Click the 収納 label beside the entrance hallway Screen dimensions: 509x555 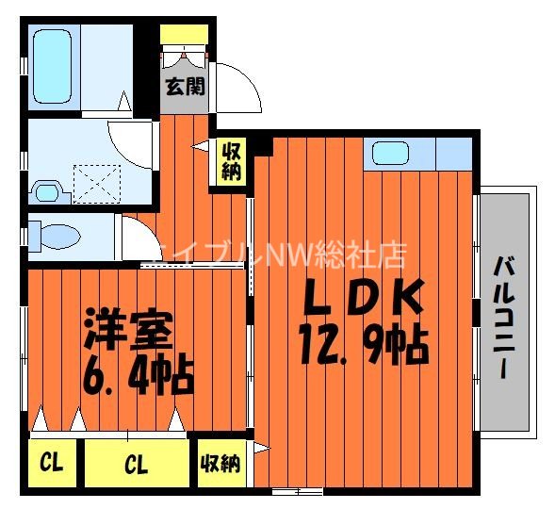(232, 162)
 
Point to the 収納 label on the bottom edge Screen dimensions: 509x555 (221, 464)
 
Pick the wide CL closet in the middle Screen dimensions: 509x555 (136, 465)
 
